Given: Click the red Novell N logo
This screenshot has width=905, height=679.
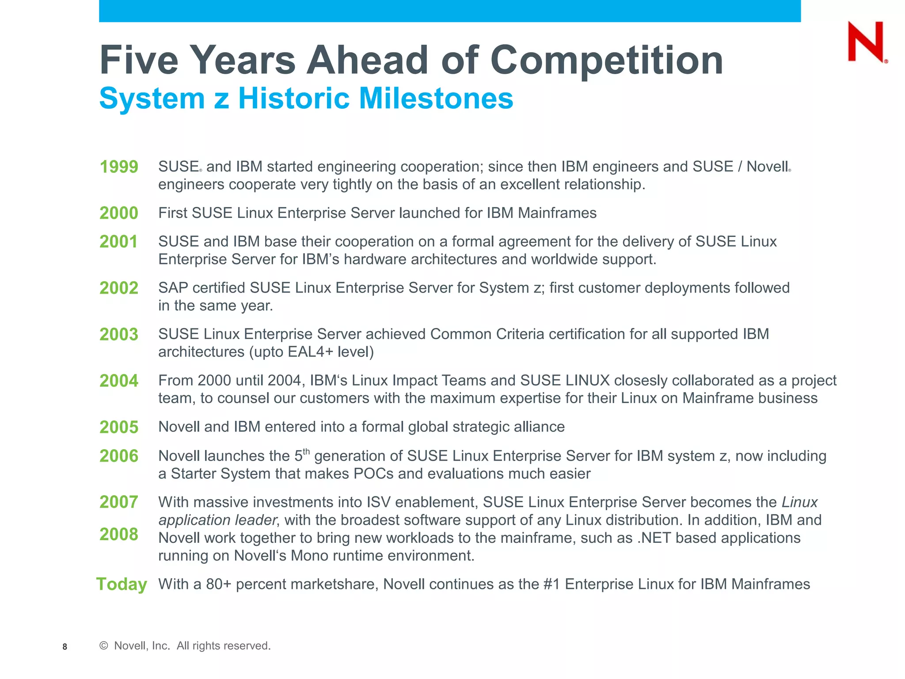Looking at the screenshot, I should click(x=866, y=42).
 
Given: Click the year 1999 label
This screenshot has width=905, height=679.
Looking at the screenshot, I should click(x=119, y=167).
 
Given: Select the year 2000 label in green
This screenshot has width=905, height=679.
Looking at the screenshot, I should click(x=119, y=213).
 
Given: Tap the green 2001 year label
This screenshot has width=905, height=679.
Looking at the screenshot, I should click(x=118, y=242).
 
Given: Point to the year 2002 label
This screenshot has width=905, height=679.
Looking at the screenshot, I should click(x=119, y=288).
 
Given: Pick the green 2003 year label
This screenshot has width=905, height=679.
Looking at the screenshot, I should click(x=119, y=335).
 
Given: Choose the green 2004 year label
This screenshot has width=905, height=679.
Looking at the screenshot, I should click(x=119, y=381).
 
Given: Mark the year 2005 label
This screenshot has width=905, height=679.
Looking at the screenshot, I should click(x=119, y=427).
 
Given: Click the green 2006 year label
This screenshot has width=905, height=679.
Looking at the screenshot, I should click(x=119, y=456).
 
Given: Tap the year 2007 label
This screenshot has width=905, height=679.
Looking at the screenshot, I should click(x=119, y=502).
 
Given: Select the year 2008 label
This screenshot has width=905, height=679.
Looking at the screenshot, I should click(x=119, y=534).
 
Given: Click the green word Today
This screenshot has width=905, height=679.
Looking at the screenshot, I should click(x=122, y=584).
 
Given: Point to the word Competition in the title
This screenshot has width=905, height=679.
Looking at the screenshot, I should click(x=606, y=60).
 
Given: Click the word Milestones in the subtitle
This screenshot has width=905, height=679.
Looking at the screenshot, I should click(x=436, y=98).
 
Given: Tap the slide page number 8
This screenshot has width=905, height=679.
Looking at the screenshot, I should click(x=65, y=647).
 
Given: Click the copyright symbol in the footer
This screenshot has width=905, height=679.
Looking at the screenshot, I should click(x=104, y=646).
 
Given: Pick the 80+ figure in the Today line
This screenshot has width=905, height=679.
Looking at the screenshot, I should click(x=219, y=584).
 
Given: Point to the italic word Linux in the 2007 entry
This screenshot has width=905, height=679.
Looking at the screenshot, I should click(x=799, y=503).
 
